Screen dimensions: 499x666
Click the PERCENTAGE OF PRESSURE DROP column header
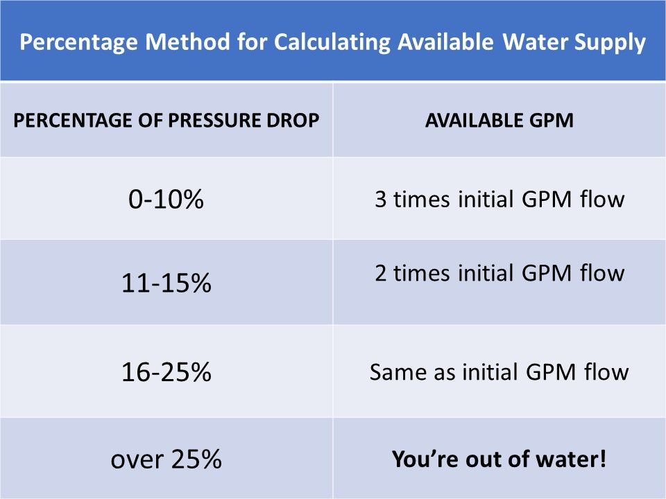[166, 120]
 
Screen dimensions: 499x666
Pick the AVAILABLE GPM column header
[499, 120]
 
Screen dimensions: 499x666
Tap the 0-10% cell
[166, 200]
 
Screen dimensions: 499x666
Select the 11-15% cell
[166, 283]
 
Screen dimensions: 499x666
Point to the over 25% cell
[166, 459]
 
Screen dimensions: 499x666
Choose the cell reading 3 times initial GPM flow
[499, 200]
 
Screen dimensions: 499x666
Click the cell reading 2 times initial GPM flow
[499, 273]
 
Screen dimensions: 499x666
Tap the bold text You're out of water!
[499, 459]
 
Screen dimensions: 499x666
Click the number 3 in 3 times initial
[380, 200]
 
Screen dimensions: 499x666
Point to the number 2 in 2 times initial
[380, 273]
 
